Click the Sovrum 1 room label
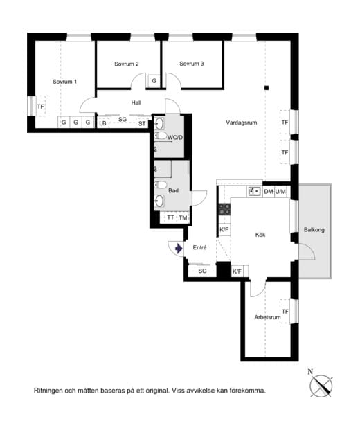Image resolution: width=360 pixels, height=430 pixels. [64, 82]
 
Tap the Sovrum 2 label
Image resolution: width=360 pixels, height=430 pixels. [127, 64]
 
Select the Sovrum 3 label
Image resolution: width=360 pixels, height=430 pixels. [191, 64]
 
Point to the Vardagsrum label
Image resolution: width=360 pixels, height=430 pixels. [242, 123]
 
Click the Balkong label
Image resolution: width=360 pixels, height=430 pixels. [314, 230]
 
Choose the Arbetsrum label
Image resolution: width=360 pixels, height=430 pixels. [267, 317]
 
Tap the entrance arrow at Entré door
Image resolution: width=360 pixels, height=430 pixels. [179, 249]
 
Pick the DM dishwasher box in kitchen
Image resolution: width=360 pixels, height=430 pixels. [269, 192]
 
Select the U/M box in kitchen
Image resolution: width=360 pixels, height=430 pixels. [280, 192]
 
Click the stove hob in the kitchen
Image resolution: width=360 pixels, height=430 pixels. [224, 209]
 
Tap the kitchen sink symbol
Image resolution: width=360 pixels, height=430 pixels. [254, 191]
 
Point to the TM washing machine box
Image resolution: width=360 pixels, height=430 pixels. [183, 217]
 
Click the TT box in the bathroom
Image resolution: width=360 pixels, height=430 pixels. [170, 217]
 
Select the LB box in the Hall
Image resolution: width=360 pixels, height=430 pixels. [103, 123]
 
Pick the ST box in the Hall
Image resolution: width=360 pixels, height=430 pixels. [142, 124]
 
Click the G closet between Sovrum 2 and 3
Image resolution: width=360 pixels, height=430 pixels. [154, 81]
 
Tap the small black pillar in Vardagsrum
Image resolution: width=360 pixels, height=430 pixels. [267, 88]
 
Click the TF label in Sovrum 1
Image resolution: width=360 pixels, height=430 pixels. [41, 107]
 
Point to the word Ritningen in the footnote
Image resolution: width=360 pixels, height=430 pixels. [48, 391]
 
